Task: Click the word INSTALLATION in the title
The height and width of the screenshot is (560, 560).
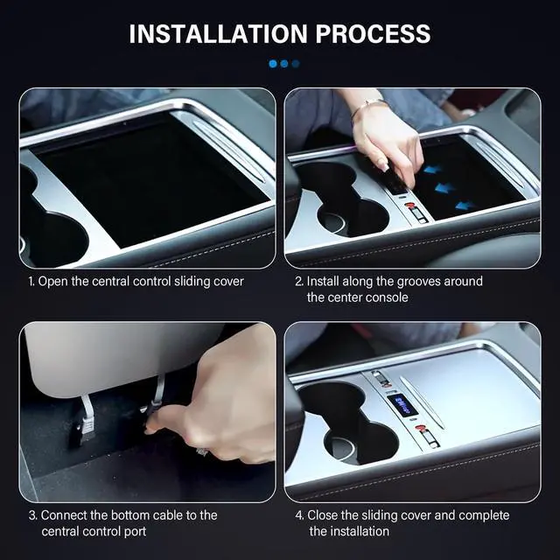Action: tap(219, 34)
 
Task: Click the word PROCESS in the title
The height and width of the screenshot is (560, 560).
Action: tap(373, 34)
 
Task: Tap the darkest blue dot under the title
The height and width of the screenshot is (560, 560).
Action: tap(296, 64)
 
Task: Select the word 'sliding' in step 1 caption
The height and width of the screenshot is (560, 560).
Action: tap(192, 282)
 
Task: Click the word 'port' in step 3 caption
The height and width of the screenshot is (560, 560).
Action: tap(135, 532)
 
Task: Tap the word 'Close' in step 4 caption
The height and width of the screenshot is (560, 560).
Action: tap(323, 515)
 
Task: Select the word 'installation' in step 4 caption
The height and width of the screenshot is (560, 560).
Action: tap(349, 531)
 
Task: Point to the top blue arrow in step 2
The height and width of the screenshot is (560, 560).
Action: tap(433, 169)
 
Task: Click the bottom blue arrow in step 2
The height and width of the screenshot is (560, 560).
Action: tap(465, 206)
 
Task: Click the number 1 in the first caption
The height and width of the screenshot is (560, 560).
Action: tap(31, 282)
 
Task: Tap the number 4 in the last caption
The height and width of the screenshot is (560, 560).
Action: tap(298, 515)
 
